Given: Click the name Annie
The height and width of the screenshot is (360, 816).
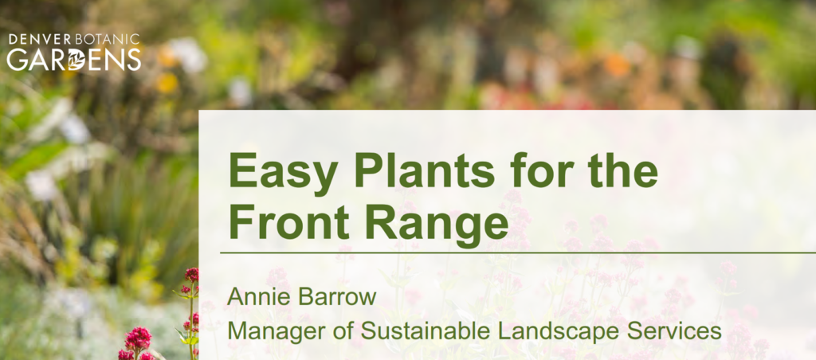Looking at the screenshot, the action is (253, 297).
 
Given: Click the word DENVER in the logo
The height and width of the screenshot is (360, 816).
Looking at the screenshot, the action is (41, 40).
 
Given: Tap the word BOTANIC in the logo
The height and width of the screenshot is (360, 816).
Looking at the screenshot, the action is (108, 40).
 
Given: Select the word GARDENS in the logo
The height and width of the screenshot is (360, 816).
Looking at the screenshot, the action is (74, 59).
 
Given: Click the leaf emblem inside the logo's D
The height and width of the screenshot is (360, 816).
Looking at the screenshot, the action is (76, 60).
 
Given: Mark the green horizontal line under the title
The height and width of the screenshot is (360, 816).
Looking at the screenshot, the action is (518, 252).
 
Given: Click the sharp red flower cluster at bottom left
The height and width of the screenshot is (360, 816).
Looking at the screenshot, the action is (137, 339).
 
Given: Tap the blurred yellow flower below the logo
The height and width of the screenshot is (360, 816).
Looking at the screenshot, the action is (167, 82).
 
